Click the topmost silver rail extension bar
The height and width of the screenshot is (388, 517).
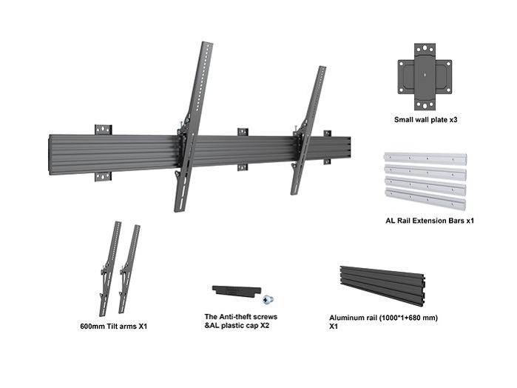[x=425, y=160]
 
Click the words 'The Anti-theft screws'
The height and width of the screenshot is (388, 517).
[x=240, y=316]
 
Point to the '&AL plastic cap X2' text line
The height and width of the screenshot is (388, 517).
[x=237, y=325]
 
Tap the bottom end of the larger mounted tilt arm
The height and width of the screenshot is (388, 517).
[x=180, y=207]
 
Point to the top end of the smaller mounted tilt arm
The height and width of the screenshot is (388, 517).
[x=322, y=70]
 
